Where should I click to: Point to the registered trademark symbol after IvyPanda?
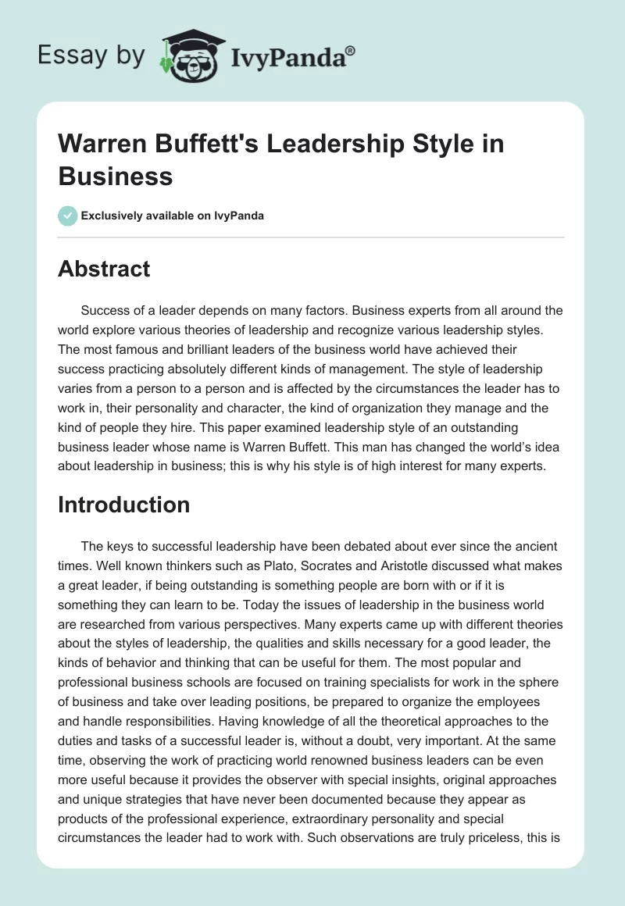[351, 50]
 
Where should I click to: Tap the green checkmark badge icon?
[67, 216]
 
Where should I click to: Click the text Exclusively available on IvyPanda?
[172, 216]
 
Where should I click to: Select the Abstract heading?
[104, 269]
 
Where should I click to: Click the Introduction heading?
[123, 505]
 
